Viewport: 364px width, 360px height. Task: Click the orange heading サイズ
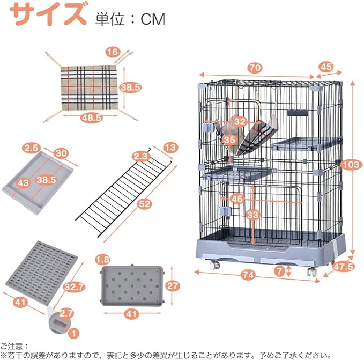pyautogui.click(x=48, y=16)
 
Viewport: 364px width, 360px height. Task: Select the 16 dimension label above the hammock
pyautogui.click(x=112, y=52)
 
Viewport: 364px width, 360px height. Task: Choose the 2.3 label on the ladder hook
pyautogui.click(x=141, y=157)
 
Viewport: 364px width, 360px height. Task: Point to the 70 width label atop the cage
pyautogui.click(x=255, y=68)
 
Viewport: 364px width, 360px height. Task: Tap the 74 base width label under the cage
pyautogui.click(x=247, y=276)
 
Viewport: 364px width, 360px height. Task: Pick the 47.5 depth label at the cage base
pyautogui.click(x=344, y=266)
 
